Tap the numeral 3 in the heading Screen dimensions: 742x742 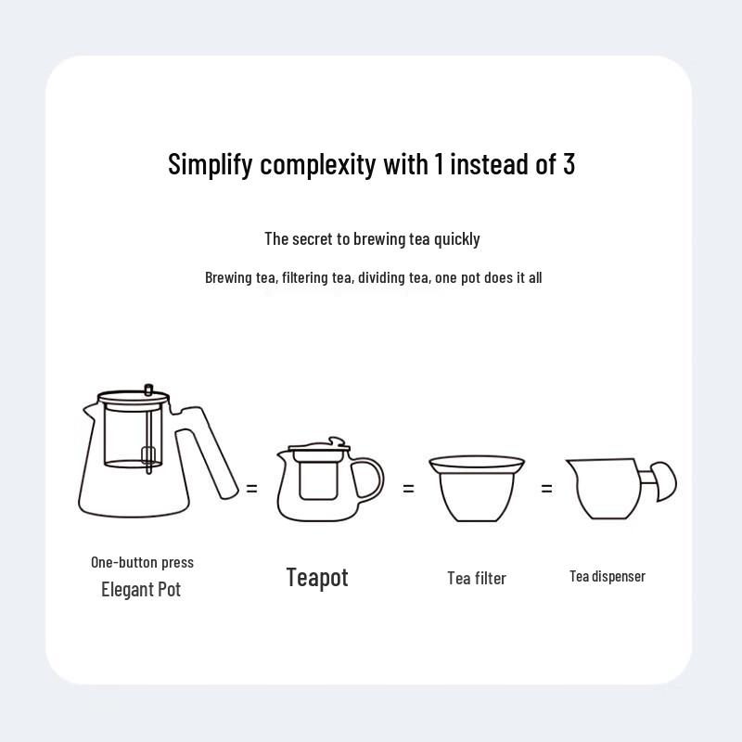pyautogui.click(x=569, y=163)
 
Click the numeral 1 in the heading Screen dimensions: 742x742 pyautogui.click(x=438, y=163)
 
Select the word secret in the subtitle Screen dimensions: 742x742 pyautogui.click(x=313, y=238)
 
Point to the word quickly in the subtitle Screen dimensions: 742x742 pyautogui.click(x=456, y=238)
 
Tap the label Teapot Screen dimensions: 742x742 pyautogui.click(x=317, y=577)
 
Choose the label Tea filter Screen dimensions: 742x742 pyautogui.click(x=477, y=578)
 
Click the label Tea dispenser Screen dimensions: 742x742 pyautogui.click(x=608, y=576)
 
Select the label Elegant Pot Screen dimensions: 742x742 pyautogui.click(x=141, y=589)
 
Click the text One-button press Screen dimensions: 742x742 pyautogui.click(x=142, y=562)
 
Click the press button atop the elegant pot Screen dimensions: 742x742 pyautogui.click(x=148, y=388)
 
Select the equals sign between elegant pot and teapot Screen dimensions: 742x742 pyautogui.click(x=251, y=487)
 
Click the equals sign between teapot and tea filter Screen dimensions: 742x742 pyautogui.click(x=408, y=487)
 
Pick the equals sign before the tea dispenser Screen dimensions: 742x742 pyautogui.click(x=546, y=487)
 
